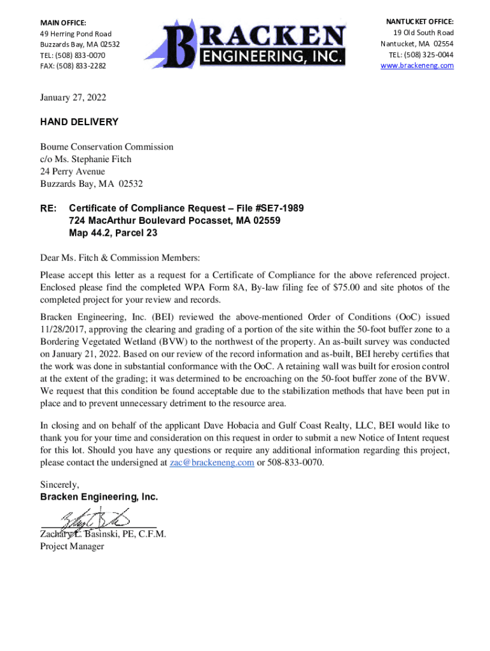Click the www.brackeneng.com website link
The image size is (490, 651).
(417, 65)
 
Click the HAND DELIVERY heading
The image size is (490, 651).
(79, 122)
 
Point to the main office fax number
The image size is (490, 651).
(73, 66)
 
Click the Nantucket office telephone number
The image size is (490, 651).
(421, 55)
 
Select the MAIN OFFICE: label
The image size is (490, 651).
(63, 23)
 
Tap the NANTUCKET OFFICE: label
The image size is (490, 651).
(420, 22)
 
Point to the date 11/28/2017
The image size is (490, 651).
(62, 329)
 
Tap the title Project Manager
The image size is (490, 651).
(72, 546)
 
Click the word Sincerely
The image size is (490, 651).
(60, 484)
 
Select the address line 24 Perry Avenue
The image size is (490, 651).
(73, 172)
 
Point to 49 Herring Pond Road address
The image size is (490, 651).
(76, 34)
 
